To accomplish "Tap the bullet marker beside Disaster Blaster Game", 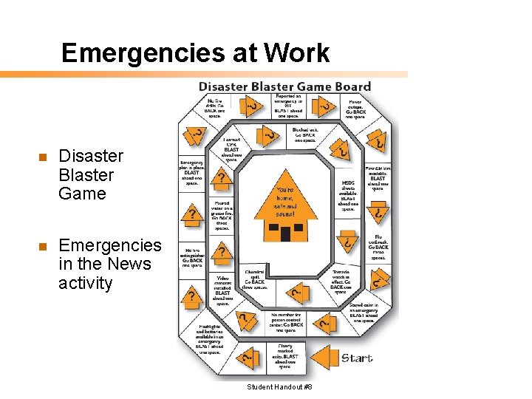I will point(43,157).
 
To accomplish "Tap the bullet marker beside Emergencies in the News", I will point(43,246).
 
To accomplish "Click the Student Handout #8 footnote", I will point(280,387).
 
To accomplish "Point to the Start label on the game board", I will point(356,358).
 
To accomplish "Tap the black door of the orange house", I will point(285,233).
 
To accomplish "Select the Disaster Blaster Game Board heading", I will point(284,86).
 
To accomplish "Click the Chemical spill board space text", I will point(255,279).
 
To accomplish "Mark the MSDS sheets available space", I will point(348,195).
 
